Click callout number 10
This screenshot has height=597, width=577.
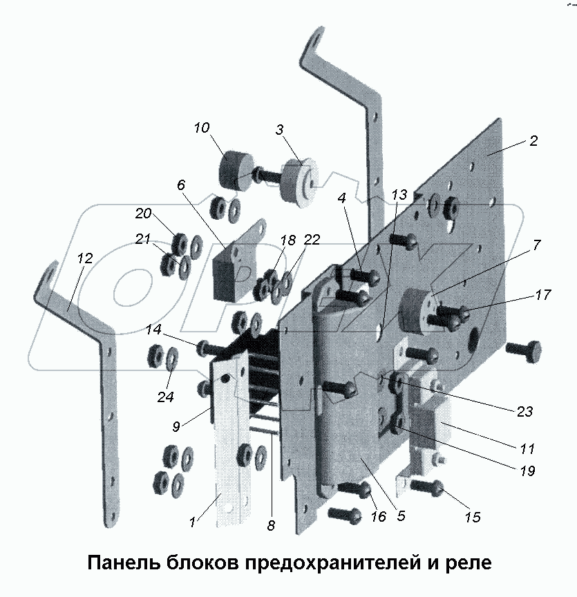201,128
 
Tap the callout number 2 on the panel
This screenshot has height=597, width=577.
533,141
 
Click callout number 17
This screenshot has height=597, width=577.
543,295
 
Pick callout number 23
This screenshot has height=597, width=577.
524,411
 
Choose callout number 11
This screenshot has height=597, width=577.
527,449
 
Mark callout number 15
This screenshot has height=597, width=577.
472,517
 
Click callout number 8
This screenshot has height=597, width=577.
270,525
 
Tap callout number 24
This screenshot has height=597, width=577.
164,397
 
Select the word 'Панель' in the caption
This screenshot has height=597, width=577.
122,563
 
